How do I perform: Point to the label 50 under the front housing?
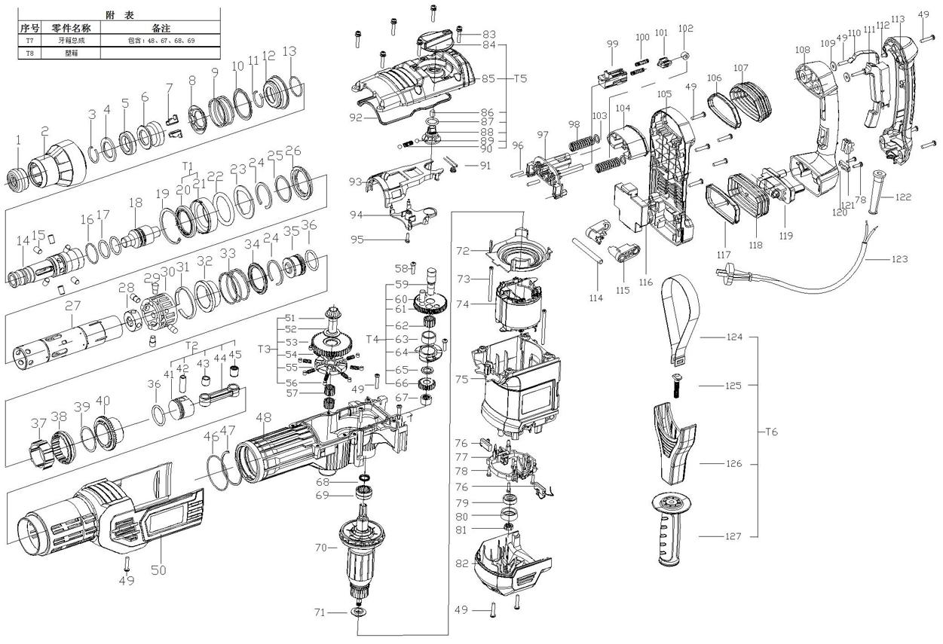158,570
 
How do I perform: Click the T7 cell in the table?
29,40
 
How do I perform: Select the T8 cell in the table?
29,53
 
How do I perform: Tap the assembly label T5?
519,78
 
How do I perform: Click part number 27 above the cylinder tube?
72,305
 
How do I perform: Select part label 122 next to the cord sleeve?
904,197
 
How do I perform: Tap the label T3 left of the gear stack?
264,349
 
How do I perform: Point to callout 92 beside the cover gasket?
357,117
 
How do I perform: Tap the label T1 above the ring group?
188,165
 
